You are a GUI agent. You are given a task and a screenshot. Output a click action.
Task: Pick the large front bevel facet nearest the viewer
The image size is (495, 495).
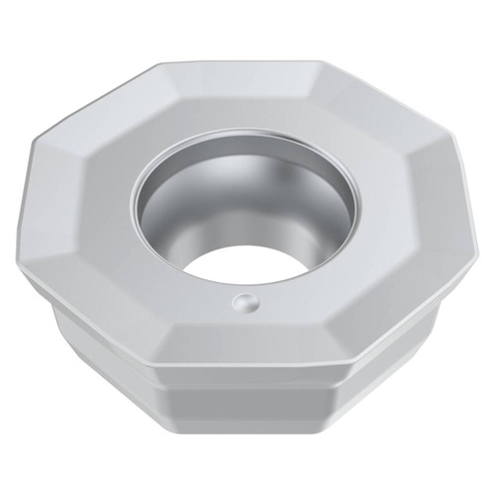[257, 342]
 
